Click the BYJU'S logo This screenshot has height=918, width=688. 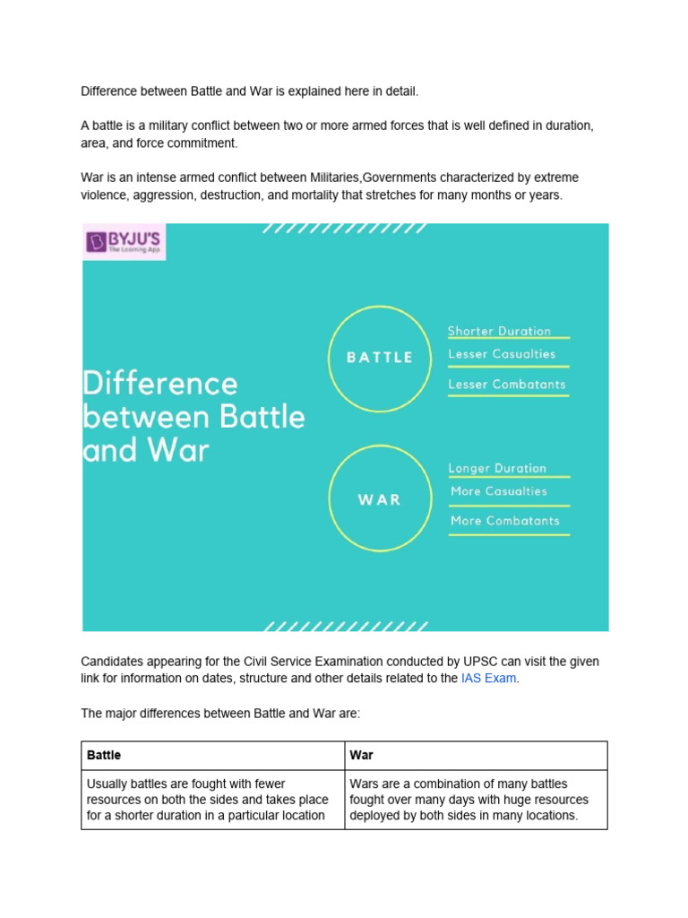click(x=125, y=242)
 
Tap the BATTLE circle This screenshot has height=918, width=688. click(x=379, y=357)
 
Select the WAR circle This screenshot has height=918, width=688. click(x=379, y=499)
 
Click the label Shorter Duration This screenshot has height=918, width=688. click(x=499, y=331)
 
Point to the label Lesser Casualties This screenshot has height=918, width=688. click(x=502, y=354)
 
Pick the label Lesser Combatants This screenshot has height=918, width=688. click(x=507, y=385)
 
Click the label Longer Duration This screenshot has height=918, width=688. click(x=497, y=468)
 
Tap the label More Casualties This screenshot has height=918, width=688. click(x=498, y=491)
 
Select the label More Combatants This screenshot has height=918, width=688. click(x=505, y=521)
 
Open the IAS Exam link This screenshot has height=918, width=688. click(x=488, y=679)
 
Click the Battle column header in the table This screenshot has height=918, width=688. click(x=104, y=756)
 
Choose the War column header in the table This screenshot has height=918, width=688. click(x=362, y=756)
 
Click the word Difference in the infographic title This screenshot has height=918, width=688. click(x=160, y=384)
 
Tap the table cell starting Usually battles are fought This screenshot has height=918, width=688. click(x=211, y=800)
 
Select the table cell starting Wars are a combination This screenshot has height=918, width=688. click(x=475, y=800)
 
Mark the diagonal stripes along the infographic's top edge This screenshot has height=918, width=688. click(x=345, y=229)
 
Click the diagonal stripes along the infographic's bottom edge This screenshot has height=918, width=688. click(x=345, y=626)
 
